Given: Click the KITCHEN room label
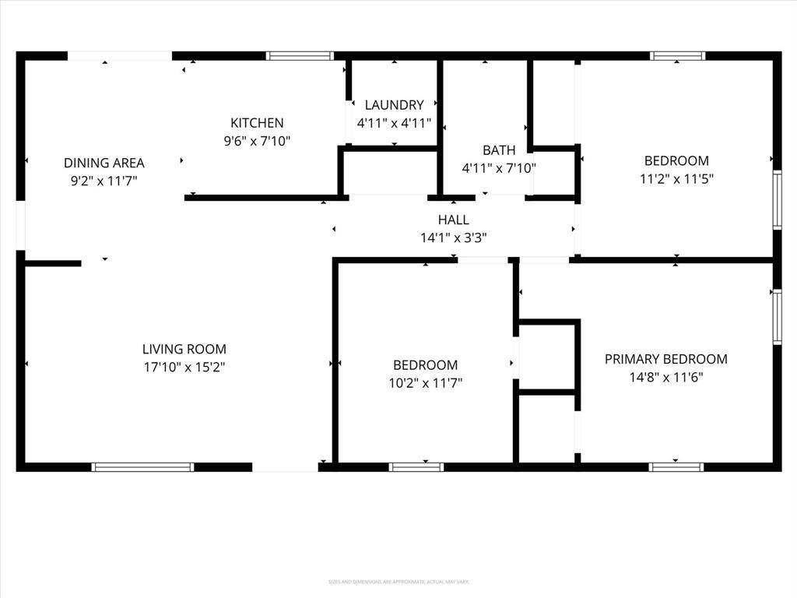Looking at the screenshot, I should tap(257, 123).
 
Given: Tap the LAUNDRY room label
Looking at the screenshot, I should tap(394, 105).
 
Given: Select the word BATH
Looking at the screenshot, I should tap(499, 150).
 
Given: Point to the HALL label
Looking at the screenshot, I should tap(453, 220).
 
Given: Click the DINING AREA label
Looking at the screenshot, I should tap(104, 164).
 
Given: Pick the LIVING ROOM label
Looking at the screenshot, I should tap(184, 350).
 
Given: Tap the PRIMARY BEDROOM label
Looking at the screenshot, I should tap(666, 359).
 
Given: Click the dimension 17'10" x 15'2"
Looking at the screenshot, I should tap(184, 367).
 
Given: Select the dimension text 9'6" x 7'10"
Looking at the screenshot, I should tap(257, 141).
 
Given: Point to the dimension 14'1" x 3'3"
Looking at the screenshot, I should tap(453, 238).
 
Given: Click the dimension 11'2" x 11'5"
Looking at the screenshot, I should tap(676, 178).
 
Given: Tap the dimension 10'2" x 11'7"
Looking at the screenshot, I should tap(425, 383).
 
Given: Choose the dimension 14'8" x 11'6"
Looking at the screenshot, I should tap(666, 377).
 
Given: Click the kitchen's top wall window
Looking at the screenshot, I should tap(300, 56).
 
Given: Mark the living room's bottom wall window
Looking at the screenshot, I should tap(142, 467).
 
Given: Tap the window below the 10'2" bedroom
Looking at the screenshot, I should tap(416, 467).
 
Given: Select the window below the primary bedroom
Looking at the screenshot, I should tap(676, 467).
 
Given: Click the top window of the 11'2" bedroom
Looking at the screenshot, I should tap(677, 56).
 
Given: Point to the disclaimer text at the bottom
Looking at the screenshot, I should tap(398, 581).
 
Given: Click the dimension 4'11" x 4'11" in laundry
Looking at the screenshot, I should tap(394, 123).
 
